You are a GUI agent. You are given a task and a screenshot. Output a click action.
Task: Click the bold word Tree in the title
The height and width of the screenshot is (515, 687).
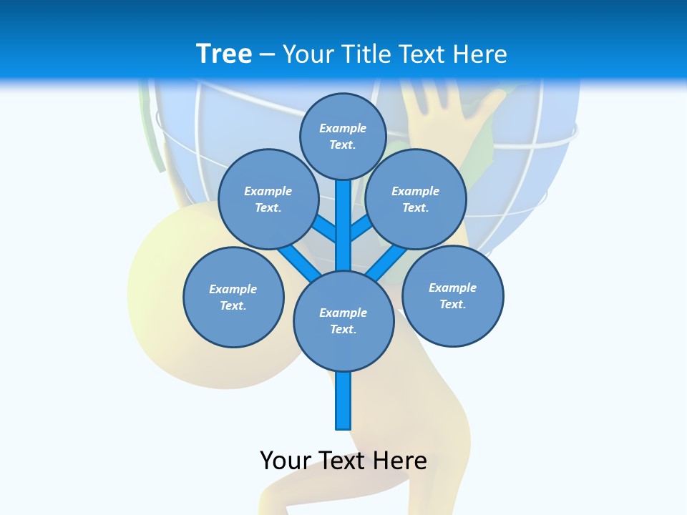(224, 54)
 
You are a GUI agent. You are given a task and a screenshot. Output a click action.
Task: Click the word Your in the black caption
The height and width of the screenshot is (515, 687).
(286, 461)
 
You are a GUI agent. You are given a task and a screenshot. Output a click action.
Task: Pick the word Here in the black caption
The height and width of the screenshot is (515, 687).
(400, 461)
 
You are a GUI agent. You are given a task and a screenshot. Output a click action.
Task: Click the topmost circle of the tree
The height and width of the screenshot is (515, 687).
(343, 136)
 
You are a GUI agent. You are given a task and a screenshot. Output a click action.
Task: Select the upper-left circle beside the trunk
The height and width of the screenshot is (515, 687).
(268, 199)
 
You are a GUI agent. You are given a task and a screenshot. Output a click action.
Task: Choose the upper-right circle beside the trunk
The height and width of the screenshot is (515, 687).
(416, 199)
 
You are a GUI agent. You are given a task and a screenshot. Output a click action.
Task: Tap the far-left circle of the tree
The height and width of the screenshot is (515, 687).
(233, 297)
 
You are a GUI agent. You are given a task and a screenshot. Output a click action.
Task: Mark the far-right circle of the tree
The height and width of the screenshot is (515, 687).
(452, 295)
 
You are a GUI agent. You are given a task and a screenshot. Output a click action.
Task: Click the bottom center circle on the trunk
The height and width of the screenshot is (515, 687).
(343, 320)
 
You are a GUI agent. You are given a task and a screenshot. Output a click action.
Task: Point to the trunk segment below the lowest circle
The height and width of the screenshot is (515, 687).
(343, 401)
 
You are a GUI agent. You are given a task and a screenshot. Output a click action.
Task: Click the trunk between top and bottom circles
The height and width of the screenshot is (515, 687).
(343, 225)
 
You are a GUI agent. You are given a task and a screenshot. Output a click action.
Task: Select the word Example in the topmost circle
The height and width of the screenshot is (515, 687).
(343, 128)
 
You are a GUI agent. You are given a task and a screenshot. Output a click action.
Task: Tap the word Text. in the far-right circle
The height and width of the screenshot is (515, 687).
(452, 304)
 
